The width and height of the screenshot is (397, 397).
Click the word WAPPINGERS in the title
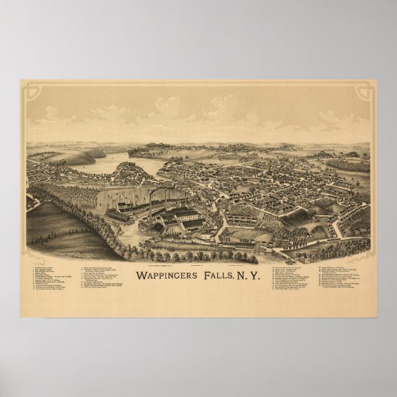click(163, 274)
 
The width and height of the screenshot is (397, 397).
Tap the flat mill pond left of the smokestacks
click(120, 198)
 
